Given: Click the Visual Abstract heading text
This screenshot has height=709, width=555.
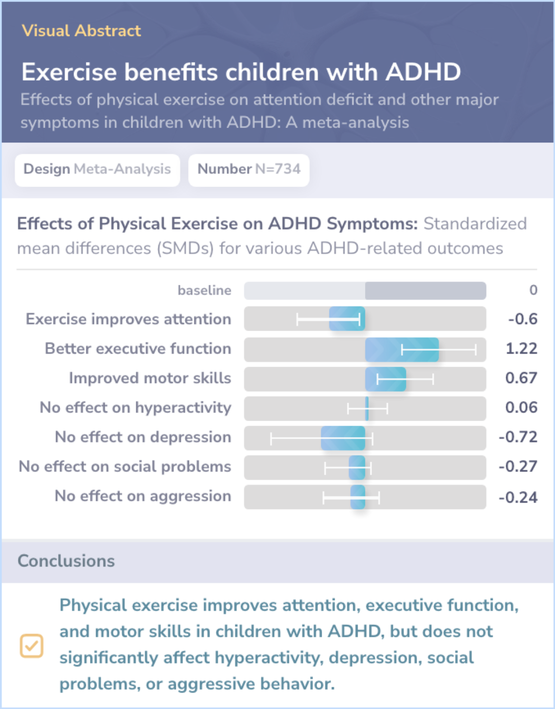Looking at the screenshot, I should click(81, 31).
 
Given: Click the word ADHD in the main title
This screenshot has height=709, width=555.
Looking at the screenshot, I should click(423, 72).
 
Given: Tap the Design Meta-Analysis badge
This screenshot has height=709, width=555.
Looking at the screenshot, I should click(97, 169).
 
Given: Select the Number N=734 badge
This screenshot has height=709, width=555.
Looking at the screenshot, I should click(249, 169).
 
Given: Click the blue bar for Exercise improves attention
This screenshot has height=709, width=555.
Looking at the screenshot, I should click(347, 319).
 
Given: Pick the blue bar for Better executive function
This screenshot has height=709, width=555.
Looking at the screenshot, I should click(402, 349).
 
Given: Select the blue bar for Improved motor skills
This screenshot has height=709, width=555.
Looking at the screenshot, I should click(385, 379).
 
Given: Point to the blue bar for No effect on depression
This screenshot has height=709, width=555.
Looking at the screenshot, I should click(343, 438).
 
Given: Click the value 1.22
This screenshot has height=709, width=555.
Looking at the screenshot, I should click(521, 349).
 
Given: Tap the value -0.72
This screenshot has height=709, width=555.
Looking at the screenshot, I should click(518, 437).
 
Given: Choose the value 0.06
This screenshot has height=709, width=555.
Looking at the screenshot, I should click(521, 408).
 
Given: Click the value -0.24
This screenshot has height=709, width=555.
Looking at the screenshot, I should click(518, 497).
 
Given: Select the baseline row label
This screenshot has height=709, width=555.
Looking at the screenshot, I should click(204, 290).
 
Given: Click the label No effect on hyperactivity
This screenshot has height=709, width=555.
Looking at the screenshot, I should click(136, 408).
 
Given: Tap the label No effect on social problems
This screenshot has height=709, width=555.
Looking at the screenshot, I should click(125, 466).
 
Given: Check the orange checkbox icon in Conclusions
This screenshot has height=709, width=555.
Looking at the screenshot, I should click(31, 646).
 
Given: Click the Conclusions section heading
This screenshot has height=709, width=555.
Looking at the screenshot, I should click(66, 561).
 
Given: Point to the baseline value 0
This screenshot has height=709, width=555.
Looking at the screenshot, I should click(533, 290).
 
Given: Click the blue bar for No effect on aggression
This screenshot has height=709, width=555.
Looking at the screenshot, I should click(358, 497).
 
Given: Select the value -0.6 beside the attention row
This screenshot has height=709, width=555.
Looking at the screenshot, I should click(523, 319).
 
